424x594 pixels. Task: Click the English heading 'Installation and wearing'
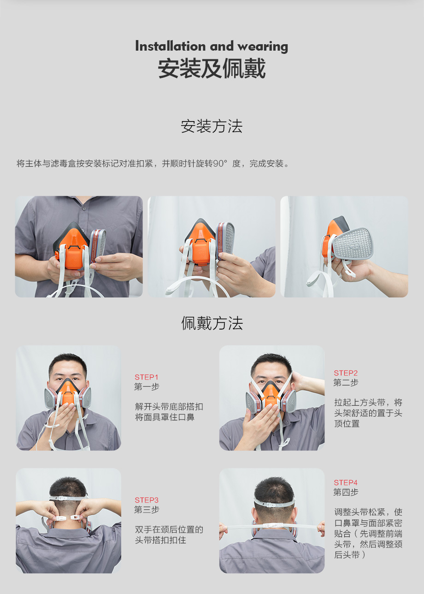tap(212, 47)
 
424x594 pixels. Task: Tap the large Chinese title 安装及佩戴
tap(212, 69)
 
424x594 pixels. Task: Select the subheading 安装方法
tap(212, 126)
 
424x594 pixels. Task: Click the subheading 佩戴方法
tap(212, 323)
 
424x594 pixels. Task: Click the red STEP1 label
tap(146, 377)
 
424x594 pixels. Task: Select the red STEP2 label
tap(346, 373)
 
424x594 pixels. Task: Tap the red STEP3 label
tap(147, 500)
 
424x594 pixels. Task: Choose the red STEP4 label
tap(346, 483)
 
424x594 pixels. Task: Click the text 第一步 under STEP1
tap(147, 387)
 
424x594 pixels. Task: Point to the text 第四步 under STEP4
tap(346, 492)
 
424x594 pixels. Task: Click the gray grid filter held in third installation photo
tap(353, 243)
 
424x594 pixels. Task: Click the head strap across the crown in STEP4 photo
tap(274, 502)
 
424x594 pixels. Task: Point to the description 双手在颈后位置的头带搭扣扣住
tap(169, 535)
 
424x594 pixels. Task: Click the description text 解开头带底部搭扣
tap(169, 407)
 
